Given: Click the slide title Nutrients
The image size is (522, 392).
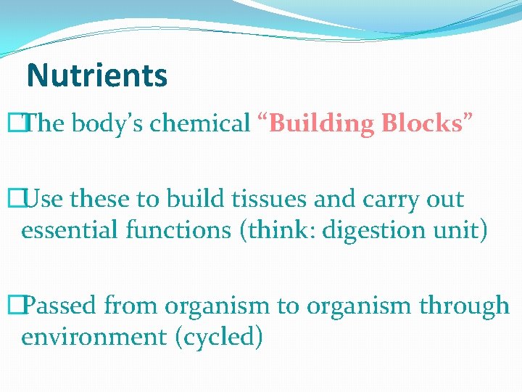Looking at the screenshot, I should point(96,75).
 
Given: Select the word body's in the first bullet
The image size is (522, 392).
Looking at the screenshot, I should point(108,124).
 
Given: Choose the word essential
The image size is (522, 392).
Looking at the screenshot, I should point(66,230).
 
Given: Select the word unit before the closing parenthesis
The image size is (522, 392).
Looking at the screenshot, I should point(458,230).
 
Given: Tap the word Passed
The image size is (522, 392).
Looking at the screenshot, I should point(65,306).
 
